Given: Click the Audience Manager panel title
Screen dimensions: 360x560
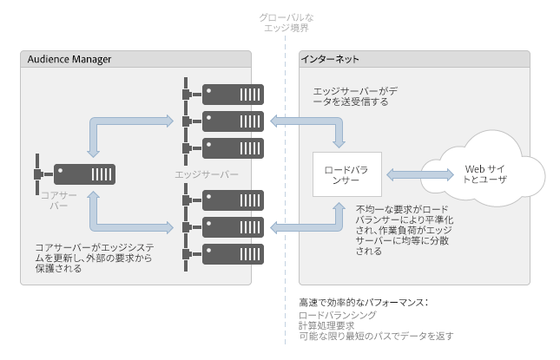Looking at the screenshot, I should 69,59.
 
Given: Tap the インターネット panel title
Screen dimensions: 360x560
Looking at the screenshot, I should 331,59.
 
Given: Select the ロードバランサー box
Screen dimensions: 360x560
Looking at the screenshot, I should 346,174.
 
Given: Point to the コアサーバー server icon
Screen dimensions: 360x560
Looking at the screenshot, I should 83,174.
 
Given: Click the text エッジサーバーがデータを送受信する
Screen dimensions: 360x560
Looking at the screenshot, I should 356,95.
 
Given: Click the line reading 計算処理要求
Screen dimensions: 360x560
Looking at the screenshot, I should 324,325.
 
